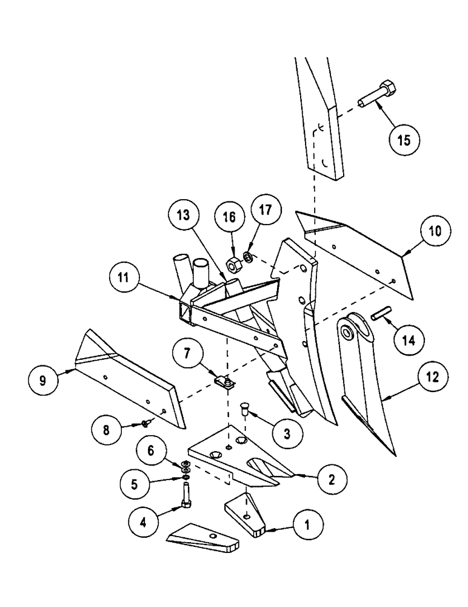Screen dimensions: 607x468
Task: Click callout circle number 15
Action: tap(404, 140)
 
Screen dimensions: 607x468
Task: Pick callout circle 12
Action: tap(431, 378)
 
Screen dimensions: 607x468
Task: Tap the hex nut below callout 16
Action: tap(232, 265)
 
